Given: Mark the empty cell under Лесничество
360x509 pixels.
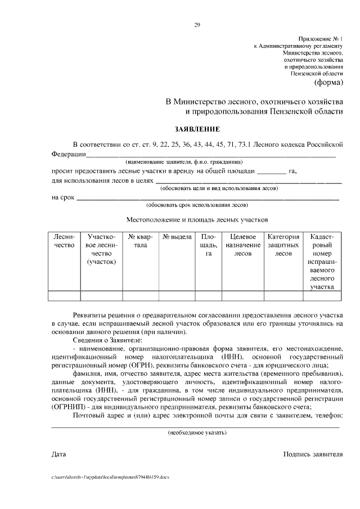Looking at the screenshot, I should [64, 295].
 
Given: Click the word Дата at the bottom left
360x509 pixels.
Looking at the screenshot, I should [58, 453].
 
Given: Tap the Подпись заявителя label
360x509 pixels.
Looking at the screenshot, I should [313, 453].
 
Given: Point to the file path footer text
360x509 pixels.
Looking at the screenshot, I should [110, 476].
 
